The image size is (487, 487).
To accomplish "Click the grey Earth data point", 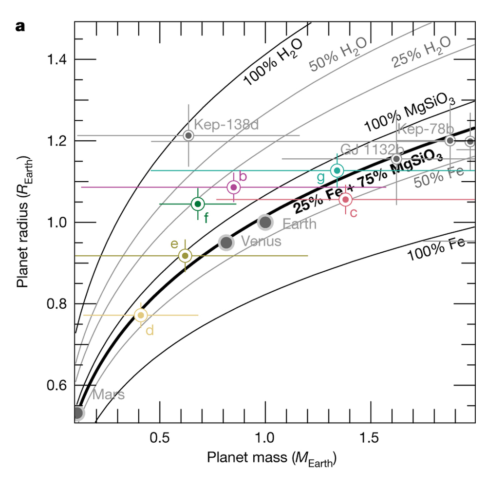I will point(265,223).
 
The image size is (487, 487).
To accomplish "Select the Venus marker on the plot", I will point(225,242).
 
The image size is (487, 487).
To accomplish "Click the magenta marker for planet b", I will point(233,187).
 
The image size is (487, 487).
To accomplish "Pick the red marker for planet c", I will point(345,199).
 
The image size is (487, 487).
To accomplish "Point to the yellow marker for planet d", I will point(141,315).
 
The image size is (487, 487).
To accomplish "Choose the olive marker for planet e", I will point(185,256).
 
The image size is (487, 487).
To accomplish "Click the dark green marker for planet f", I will point(197,204).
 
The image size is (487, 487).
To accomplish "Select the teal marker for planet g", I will point(337,170).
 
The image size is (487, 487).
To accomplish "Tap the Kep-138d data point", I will point(188,135).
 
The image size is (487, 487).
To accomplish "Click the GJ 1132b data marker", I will point(396,158).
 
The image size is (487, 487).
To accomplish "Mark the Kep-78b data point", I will point(450,141).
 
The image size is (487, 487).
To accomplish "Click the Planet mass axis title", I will point(272,459).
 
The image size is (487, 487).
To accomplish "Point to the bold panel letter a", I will point(20,26).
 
